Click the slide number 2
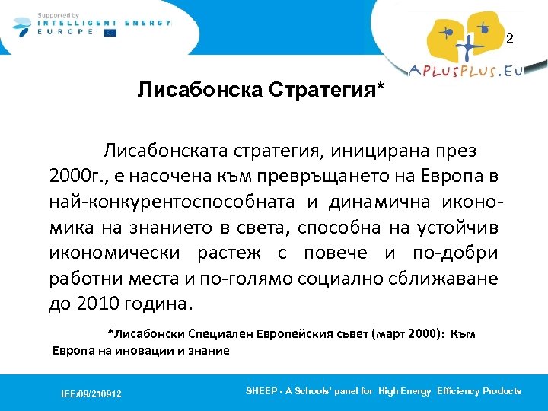(511, 39)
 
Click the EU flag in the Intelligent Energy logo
(111, 32)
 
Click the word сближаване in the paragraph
(449, 279)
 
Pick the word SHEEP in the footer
(262, 390)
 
